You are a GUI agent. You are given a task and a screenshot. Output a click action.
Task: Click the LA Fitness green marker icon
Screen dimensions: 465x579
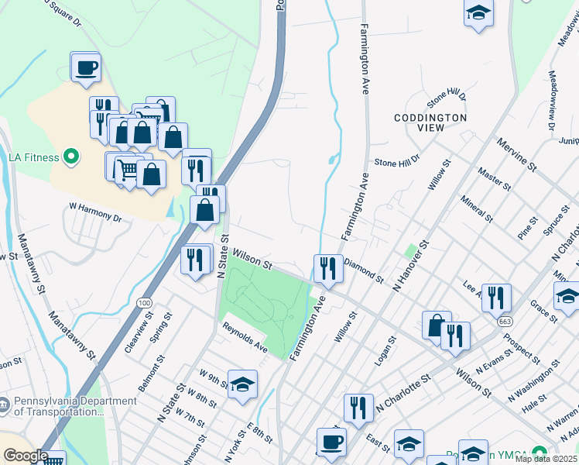[72, 157]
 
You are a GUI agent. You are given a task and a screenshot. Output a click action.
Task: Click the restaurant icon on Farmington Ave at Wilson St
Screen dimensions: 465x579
[328, 268]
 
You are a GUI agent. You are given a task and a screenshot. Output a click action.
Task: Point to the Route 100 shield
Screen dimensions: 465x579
[144, 301]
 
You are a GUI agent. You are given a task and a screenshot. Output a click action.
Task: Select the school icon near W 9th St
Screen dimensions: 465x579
[242, 384]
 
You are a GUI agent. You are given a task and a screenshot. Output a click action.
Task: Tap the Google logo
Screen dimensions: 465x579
[26, 456]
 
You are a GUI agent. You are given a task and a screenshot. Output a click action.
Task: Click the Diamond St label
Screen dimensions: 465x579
[363, 270]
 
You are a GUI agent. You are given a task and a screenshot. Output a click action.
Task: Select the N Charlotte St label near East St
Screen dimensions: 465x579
[403, 394]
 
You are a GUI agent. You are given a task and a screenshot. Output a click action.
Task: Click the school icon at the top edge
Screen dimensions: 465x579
[479, 13]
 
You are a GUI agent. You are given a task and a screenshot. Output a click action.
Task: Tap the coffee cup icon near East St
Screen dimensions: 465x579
[331, 442]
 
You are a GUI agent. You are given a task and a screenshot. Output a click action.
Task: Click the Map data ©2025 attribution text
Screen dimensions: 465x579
[546, 459]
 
